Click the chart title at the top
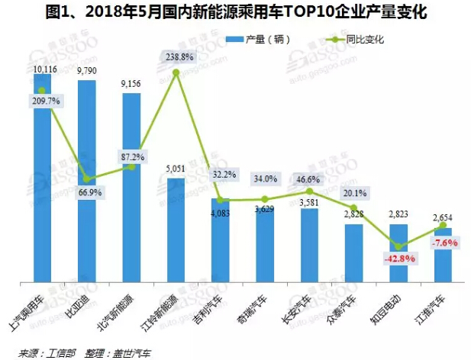(x=235, y=13)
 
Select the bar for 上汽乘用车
(x=42, y=183)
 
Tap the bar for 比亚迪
(x=86, y=183)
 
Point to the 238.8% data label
(x=176, y=56)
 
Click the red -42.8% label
(x=398, y=259)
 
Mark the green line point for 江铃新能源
(x=176, y=72)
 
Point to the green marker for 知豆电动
(x=398, y=246)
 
